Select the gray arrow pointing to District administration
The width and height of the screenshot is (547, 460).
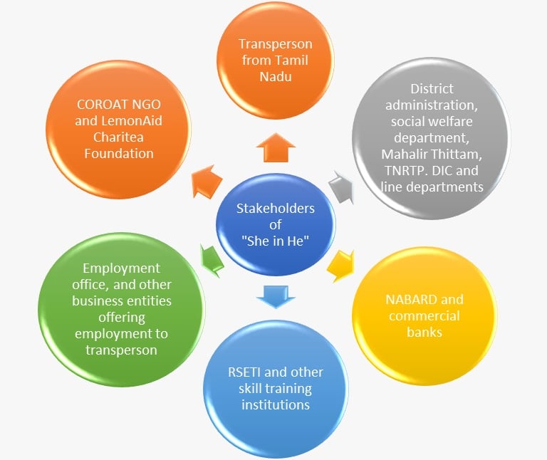(x=340, y=187)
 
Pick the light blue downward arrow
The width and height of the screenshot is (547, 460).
(x=273, y=295)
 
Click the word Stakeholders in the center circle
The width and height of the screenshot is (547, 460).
(x=276, y=209)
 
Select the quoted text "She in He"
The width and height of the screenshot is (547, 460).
(x=275, y=241)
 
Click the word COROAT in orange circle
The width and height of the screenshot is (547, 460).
(x=98, y=105)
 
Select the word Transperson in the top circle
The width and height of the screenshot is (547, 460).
(x=276, y=44)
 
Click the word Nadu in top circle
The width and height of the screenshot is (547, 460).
(x=275, y=75)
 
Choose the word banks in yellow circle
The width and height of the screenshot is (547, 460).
(x=424, y=332)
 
